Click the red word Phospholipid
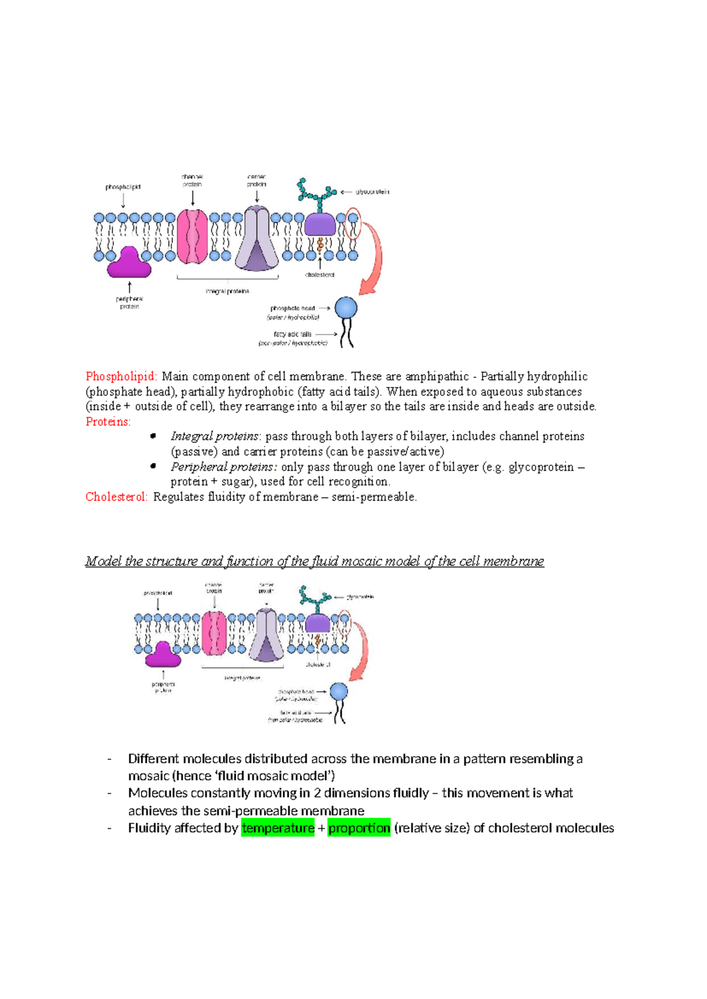pyautogui.click(x=121, y=376)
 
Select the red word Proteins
pyautogui.click(x=108, y=422)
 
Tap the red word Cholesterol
pyautogui.click(x=116, y=497)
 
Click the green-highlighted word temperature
pyautogui.click(x=277, y=828)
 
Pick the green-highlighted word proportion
pyautogui.click(x=359, y=828)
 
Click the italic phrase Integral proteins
pyautogui.click(x=215, y=436)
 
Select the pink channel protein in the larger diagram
pyautogui.click(x=193, y=237)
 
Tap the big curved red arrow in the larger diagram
pyautogui.click(x=374, y=259)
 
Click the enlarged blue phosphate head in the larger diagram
pyautogui.click(x=346, y=308)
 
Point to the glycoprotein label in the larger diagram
pyautogui.click(x=372, y=192)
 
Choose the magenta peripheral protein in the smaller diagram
pyautogui.click(x=163, y=654)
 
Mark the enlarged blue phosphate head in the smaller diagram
pyautogui.click(x=339, y=692)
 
